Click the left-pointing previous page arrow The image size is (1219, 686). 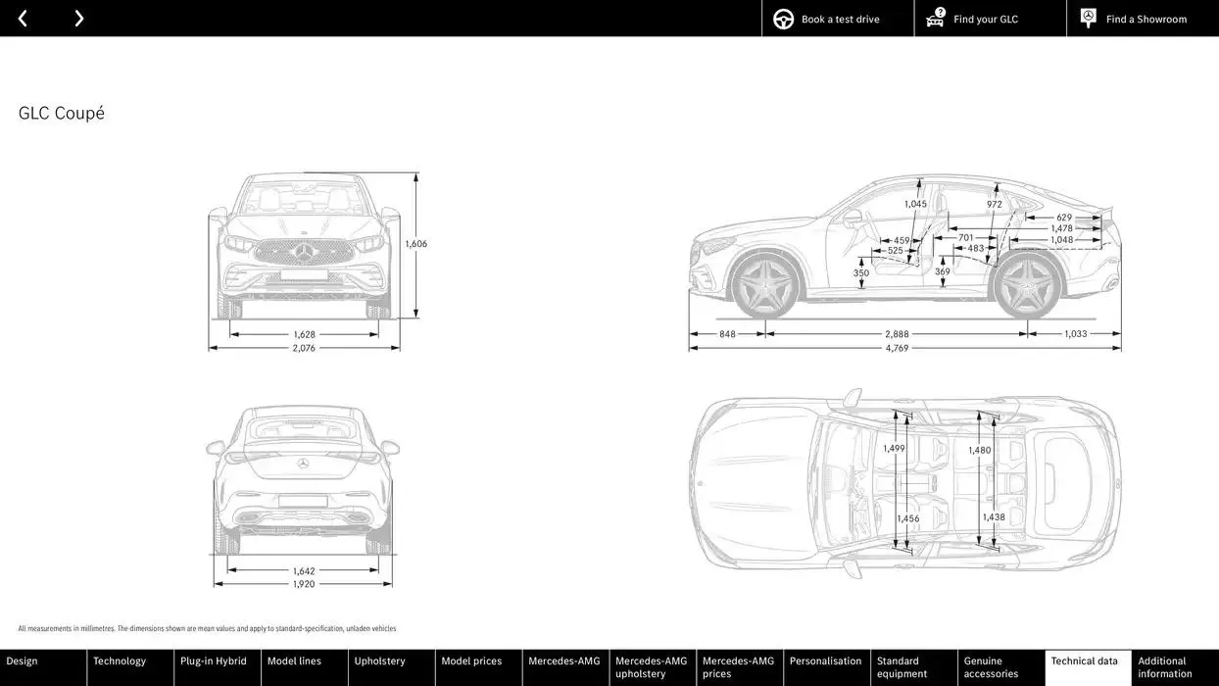pyautogui.click(x=23, y=19)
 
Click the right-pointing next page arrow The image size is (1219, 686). pyautogui.click(x=78, y=19)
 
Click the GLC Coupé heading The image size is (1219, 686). pyautogui.click(x=62, y=114)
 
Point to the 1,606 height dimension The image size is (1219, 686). pyautogui.click(x=416, y=244)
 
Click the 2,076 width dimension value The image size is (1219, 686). pyautogui.click(x=304, y=348)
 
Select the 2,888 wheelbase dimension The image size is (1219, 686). pyautogui.click(x=897, y=334)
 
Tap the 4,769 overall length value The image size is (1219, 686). pyautogui.click(x=897, y=348)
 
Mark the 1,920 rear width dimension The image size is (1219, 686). pyautogui.click(x=304, y=584)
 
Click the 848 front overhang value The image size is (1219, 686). pyautogui.click(x=727, y=334)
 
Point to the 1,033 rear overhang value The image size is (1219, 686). pyautogui.click(x=1075, y=334)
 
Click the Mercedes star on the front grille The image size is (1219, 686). pyautogui.click(x=304, y=253)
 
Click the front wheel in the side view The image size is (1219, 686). pyautogui.click(x=765, y=285)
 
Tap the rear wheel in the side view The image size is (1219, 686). pyautogui.click(x=1027, y=285)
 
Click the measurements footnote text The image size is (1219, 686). pyautogui.click(x=207, y=629)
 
